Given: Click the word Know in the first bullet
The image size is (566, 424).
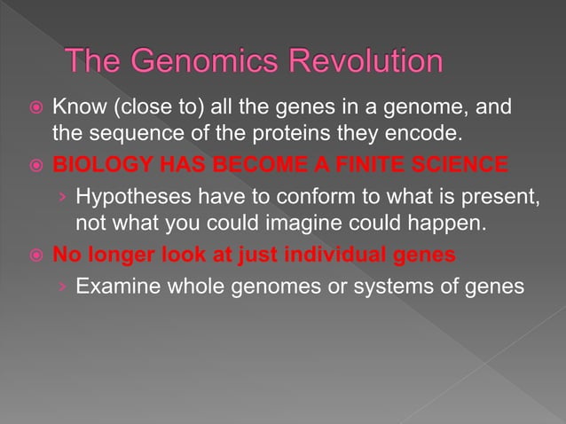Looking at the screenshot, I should pos(75,111).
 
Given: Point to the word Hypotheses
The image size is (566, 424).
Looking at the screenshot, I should pos(126,196).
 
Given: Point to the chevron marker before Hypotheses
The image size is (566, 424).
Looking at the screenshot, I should pos(61,197).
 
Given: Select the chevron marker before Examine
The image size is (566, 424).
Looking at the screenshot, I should pos(61,287).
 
